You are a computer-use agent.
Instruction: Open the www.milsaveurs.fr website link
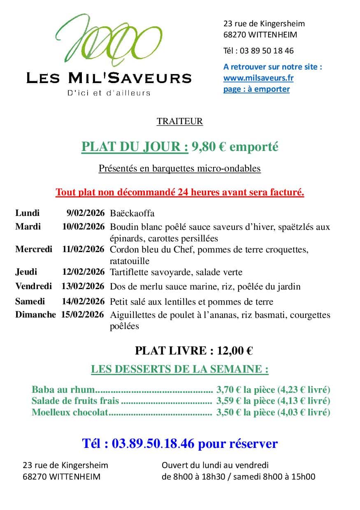point(258,78)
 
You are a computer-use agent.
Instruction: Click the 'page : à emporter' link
point(256,89)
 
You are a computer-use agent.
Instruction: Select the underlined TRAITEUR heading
point(180,121)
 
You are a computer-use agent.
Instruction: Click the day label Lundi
point(28,213)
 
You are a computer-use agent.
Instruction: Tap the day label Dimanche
point(35,315)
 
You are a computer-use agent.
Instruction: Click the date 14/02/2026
point(84,301)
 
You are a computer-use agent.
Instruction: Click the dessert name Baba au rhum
point(63,389)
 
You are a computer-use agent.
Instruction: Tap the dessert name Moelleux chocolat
point(70,412)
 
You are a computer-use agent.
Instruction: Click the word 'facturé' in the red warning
point(288,192)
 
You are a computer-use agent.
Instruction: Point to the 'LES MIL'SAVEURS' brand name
point(109,78)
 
